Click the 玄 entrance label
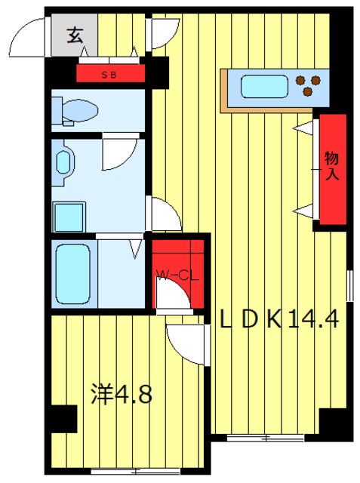click(75, 35)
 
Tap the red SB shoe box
click(109, 74)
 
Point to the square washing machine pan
click(68, 217)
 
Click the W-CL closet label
click(177, 275)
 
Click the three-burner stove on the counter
click(308, 85)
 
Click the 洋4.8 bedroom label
click(122, 393)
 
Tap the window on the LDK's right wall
click(349, 287)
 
